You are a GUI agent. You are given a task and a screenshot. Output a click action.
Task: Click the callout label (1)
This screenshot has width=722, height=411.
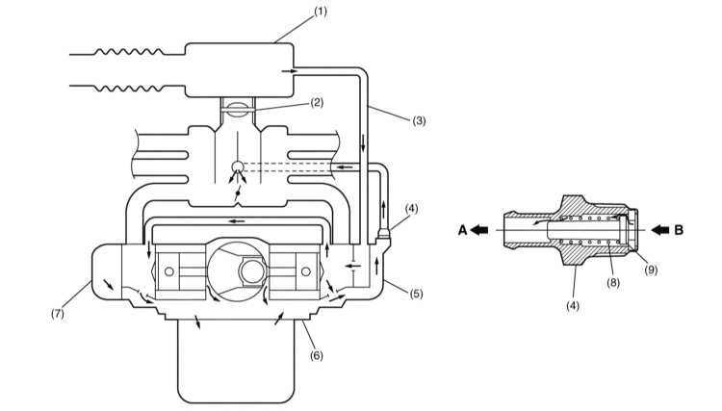(321, 12)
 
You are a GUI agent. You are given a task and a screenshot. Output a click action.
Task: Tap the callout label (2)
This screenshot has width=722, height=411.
(317, 102)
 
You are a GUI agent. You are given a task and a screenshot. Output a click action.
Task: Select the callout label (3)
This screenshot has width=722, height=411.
(419, 121)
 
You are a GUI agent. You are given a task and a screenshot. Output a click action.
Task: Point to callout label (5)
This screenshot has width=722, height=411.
(416, 294)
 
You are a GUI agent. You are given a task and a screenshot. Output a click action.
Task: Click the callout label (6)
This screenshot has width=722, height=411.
(317, 355)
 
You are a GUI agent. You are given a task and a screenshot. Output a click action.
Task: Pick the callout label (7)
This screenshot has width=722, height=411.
(58, 314)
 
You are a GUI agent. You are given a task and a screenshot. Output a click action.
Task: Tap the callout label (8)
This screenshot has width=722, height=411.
(613, 282)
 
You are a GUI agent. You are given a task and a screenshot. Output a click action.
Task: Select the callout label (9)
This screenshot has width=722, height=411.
(650, 270)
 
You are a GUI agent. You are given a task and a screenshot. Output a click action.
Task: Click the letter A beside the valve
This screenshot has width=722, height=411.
(463, 230)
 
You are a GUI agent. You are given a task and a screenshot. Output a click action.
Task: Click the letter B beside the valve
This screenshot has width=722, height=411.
(679, 230)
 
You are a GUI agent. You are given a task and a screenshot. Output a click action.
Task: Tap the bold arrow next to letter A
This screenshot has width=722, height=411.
(479, 229)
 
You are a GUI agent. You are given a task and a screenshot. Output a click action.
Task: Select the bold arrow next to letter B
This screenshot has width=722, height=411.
(660, 229)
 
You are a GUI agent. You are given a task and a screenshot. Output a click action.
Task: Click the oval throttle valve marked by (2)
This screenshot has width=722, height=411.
(238, 109)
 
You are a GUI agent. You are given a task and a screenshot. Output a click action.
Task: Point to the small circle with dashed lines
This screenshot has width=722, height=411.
(238, 167)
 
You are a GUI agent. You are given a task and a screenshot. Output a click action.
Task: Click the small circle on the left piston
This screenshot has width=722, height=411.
(169, 271)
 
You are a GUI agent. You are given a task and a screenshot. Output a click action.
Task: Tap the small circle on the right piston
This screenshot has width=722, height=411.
(305, 271)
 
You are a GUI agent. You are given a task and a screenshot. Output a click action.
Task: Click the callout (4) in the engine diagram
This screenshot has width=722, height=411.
(411, 209)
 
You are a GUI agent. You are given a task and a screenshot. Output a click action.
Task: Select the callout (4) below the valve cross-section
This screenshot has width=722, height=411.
(573, 306)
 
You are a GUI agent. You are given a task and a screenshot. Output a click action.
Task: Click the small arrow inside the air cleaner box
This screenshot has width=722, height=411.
(289, 71)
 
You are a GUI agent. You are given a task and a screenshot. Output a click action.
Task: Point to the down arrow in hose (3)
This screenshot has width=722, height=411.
(363, 143)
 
